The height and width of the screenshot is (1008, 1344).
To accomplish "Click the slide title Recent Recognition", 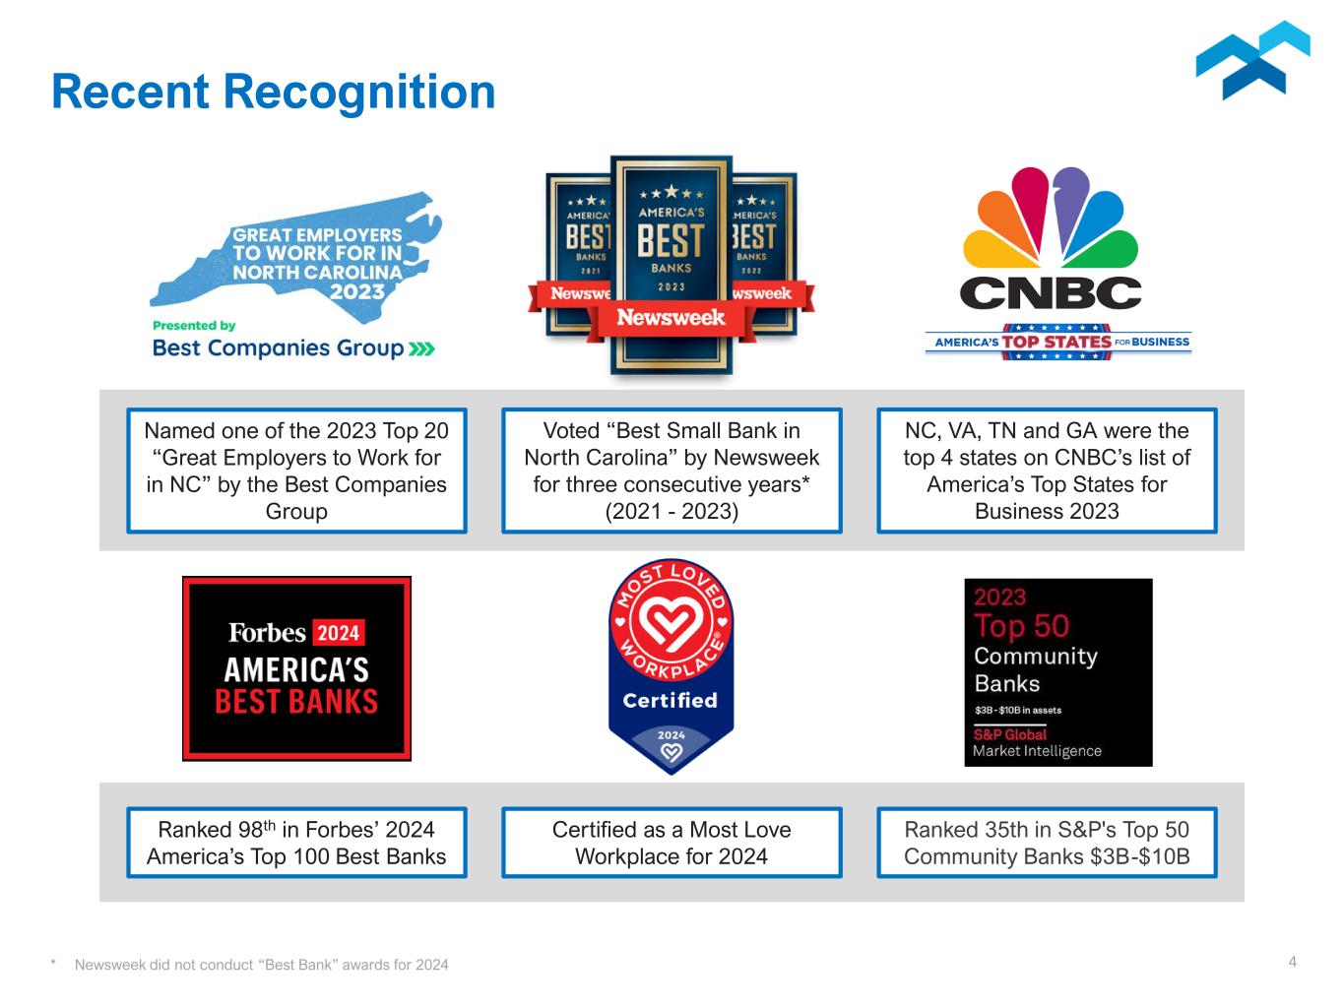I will pyautogui.click(x=273, y=92).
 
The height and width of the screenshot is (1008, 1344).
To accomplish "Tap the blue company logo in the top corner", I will pyautogui.click(x=1252, y=61).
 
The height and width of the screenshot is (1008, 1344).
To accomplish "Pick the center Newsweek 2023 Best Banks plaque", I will pyautogui.click(x=671, y=266).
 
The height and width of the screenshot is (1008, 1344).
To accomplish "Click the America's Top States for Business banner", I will pyautogui.click(x=1057, y=342).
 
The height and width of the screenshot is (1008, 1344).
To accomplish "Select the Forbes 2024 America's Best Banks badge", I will pyautogui.click(x=296, y=668).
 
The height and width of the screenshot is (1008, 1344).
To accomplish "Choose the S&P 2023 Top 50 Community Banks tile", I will pyautogui.click(x=1057, y=672).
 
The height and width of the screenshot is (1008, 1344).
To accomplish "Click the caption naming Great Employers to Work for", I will pyautogui.click(x=296, y=471).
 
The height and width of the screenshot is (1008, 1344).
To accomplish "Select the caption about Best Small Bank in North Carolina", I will pyautogui.click(x=672, y=471).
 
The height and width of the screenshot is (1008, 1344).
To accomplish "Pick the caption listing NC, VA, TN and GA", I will pyautogui.click(x=1047, y=471).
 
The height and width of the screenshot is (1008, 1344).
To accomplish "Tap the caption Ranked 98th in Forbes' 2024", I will pyautogui.click(x=296, y=843).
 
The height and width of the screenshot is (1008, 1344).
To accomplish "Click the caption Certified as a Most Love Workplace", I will pyautogui.click(x=672, y=843).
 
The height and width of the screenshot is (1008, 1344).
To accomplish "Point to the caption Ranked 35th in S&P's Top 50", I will pyautogui.click(x=1047, y=843).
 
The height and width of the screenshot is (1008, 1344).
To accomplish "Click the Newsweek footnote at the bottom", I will pyautogui.click(x=261, y=965).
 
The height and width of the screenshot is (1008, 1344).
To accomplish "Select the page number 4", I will pyautogui.click(x=1293, y=962).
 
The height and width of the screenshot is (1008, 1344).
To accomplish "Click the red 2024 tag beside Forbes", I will pyautogui.click(x=339, y=632).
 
